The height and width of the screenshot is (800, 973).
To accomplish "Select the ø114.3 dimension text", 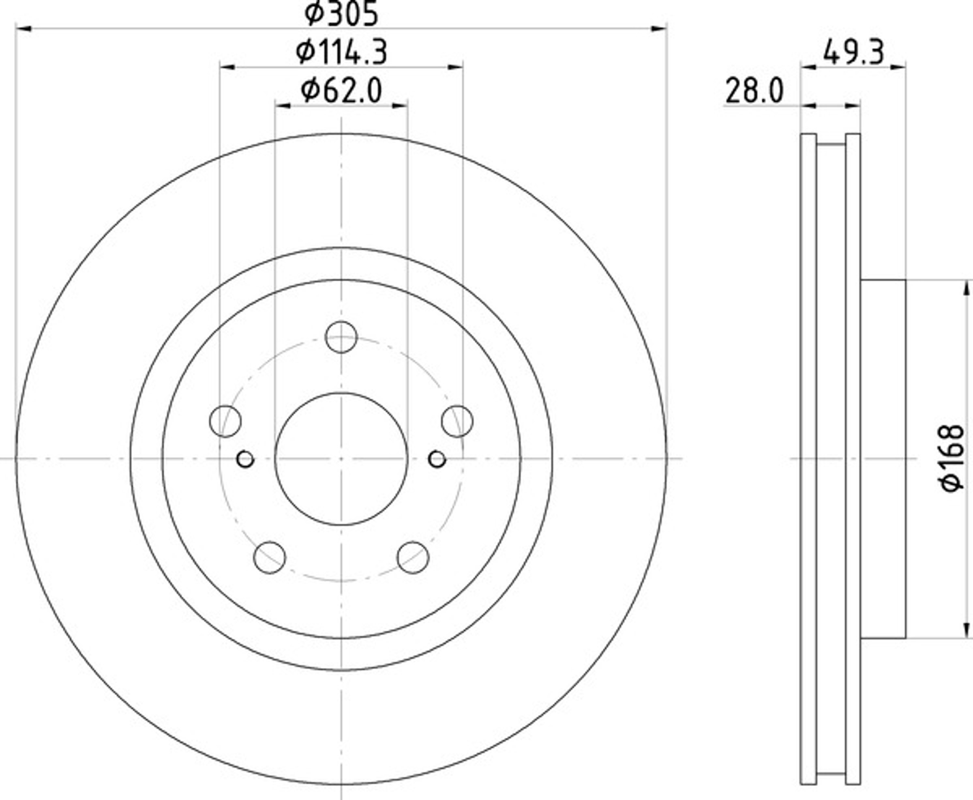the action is pos(341,52).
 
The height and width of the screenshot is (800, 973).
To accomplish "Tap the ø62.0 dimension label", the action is pos(341,90).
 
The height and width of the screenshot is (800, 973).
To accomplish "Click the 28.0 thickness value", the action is pos(754,91).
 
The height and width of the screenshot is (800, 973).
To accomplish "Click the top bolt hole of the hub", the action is pos(341,338).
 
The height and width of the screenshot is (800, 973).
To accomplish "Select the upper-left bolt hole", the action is pos(225,421).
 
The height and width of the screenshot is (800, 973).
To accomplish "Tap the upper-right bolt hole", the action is pos(457,421).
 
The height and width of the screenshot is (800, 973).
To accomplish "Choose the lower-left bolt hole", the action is pos(269,557).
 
